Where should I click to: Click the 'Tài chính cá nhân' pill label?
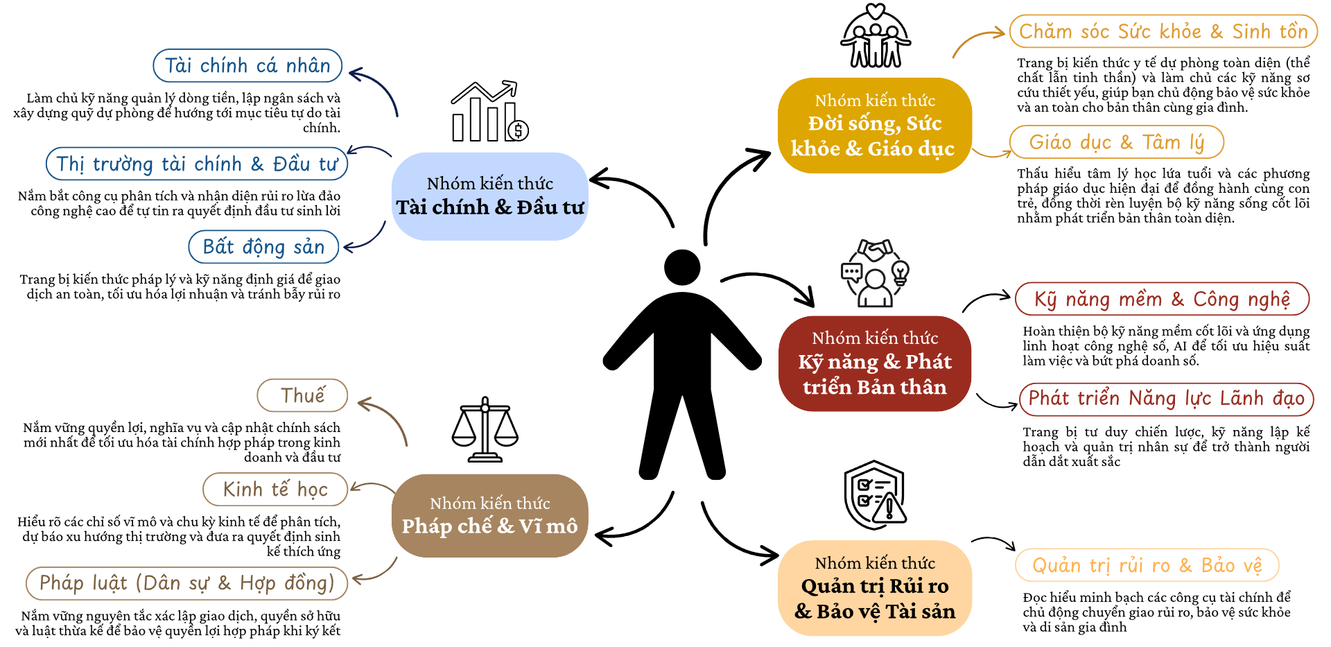click(247, 66)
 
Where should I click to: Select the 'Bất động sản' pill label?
click(263, 247)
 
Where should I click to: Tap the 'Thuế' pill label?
click(302, 395)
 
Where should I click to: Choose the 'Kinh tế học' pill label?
click(275, 490)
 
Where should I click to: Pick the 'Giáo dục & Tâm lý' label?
click(1117, 142)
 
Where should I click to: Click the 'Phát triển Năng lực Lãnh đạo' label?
click(1167, 399)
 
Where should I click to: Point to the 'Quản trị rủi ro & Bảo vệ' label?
click(1147, 566)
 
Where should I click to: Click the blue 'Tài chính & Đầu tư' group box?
click(490, 196)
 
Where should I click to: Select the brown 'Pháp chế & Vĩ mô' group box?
click(490, 515)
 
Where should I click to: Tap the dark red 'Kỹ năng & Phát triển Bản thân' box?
click(875, 363)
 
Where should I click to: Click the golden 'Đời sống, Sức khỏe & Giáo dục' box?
click(875, 126)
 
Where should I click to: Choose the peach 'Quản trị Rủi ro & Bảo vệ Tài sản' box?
click(875, 588)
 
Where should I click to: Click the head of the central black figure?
click(682, 268)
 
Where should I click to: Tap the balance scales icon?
click(485, 429)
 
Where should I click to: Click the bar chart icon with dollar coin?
click(489, 112)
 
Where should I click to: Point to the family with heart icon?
click(876, 35)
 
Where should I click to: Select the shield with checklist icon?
click(875, 495)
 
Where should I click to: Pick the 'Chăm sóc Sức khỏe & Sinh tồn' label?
click(1163, 32)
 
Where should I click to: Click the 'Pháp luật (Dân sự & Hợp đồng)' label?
click(186, 583)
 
